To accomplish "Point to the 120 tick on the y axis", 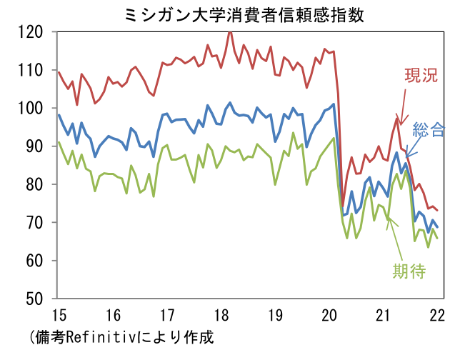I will (x=31, y=33).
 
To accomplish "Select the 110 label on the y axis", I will (x=31, y=71).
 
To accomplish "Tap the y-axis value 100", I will (x=31, y=109).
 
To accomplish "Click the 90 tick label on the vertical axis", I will (x=35, y=146).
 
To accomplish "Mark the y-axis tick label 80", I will (x=35, y=185).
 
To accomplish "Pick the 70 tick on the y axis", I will (x=35, y=223).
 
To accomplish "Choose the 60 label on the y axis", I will (x=35, y=261).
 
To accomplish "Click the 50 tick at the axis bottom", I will (x=35, y=299).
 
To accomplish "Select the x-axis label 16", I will (x=112, y=314).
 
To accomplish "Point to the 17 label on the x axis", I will (x=167, y=314).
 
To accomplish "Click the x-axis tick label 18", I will (x=221, y=314).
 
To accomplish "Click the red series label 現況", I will (x=421, y=76).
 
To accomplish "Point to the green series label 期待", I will (x=409, y=271).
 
